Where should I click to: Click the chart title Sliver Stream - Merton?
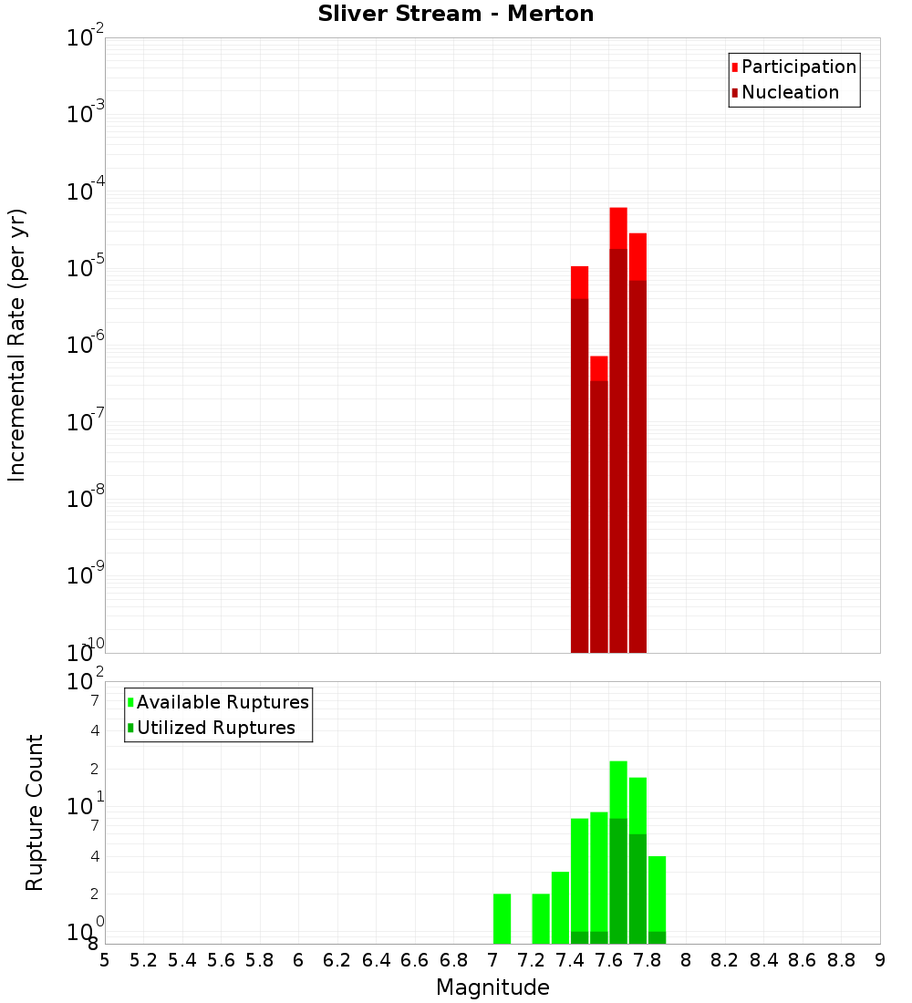(x=456, y=14)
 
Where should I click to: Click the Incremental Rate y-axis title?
(x=17, y=345)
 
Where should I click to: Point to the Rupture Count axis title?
(x=35, y=812)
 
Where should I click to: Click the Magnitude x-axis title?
(x=492, y=987)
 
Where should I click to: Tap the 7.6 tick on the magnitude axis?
(x=608, y=960)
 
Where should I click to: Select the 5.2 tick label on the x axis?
(x=143, y=960)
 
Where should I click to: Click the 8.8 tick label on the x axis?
(x=842, y=960)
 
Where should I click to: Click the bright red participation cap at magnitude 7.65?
(x=618, y=228)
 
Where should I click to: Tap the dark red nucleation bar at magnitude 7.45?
(x=579, y=474)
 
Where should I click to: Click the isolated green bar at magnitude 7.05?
(x=502, y=918)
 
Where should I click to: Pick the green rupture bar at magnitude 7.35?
(x=560, y=907)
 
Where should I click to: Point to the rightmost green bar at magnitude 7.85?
(x=657, y=894)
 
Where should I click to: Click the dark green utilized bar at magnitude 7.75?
(x=637, y=889)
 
